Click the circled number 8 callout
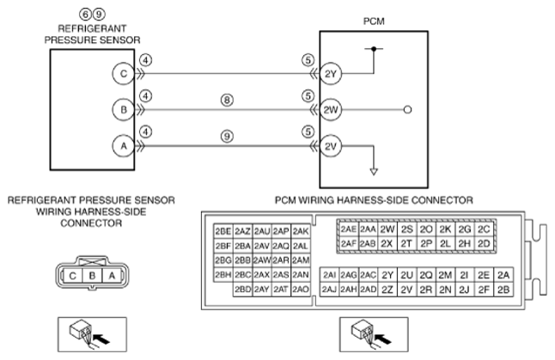[x=227, y=101]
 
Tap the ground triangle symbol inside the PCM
[x=374, y=172]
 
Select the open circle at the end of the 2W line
[x=407, y=110]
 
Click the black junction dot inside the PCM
[x=374, y=49]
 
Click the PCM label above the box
[x=374, y=21]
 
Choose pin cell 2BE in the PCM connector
[x=223, y=231]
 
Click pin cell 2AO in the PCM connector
[x=301, y=290]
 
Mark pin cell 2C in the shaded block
[x=484, y=229]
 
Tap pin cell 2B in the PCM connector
[x=503, y=290]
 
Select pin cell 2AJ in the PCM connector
[x=329, y=290]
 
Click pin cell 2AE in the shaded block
[x=349, y=229]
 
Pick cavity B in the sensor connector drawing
[x=92, y=276]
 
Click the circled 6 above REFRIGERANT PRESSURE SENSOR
[x=85, y=14]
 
